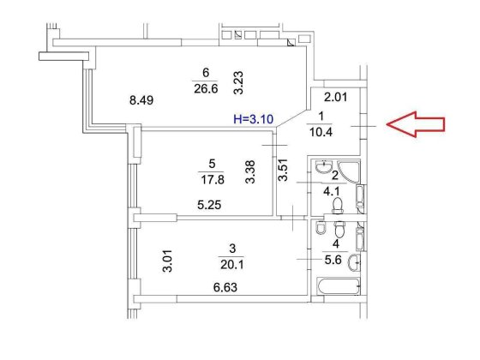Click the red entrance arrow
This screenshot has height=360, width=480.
click(x=416, y=124)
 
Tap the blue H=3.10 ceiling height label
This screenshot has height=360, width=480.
click(x=253, y=119)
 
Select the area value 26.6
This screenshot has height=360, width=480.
click(x=206, y=89)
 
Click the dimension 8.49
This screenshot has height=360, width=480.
click(x=141, y=100)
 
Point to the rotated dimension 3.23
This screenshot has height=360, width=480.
click(x=238, y=82)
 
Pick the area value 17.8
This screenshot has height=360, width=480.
click(x=213, y=179)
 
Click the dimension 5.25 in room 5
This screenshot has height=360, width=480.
click(x=209, y=205)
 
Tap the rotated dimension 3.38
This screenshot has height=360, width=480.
click(x=250, y=171)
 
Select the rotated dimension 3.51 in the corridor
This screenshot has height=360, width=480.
click(x=283, y=170)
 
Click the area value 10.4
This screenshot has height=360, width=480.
click(x=321, y=132)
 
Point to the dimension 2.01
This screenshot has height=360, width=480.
click(x=336, y=97)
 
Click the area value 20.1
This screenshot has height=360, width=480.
click(x=232, y=264)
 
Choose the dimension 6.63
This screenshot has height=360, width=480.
click(x=225, y=287)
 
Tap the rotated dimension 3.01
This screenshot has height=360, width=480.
click(x=167, y=261)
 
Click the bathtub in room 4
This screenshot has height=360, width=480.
click(x=339, y=286)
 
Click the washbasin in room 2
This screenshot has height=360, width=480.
click(x=323, y=166)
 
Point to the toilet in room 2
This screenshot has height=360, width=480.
click(x=338, y=205)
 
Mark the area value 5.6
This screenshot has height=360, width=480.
click(x=333, y=260)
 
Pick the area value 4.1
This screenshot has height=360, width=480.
click(x=332, y=192)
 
